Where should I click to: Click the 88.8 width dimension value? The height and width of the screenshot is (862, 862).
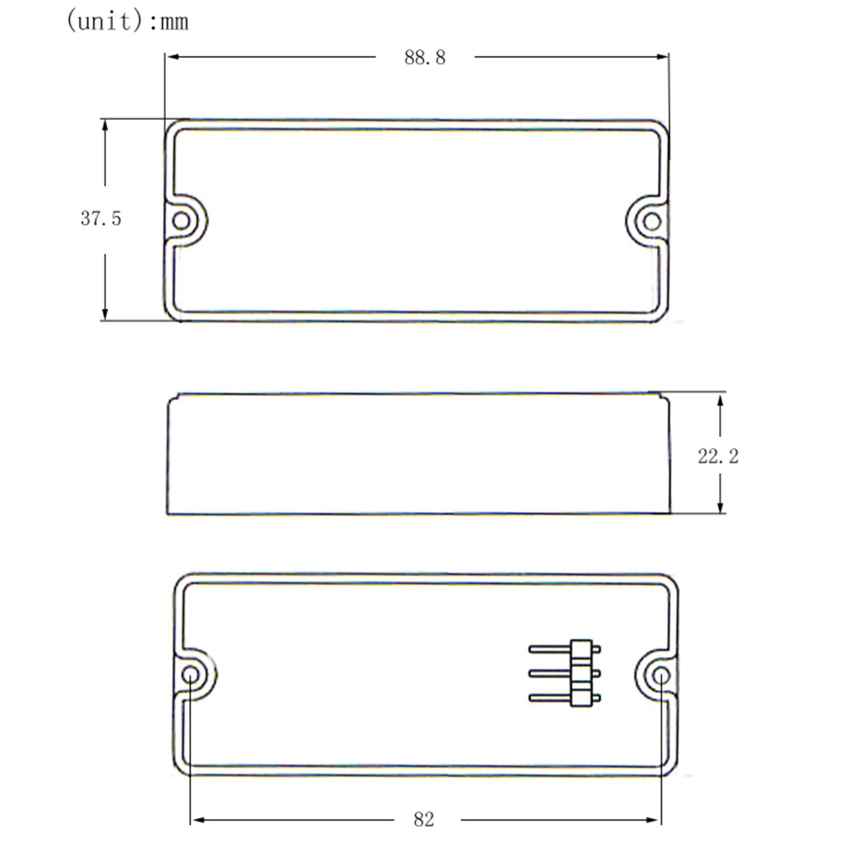(x=425, y=58)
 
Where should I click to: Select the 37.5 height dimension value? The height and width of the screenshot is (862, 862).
(x=101, y=219)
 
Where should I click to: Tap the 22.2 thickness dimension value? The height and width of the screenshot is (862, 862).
(x=718, y=457)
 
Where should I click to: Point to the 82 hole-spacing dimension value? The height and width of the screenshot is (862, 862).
(x=423, y=819)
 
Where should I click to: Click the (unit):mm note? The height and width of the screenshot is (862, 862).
(x=127, y=22)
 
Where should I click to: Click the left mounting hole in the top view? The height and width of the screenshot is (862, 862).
(x=181, y=221)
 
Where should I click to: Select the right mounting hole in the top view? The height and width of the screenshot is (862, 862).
(x=652, y=221)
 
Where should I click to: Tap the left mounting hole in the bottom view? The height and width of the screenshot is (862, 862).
(x=190, y=675)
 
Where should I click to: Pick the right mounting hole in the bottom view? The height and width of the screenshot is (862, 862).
(x=661, y=675)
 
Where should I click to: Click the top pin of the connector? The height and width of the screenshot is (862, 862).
(x=550, y=649)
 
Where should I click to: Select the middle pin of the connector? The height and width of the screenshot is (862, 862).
(x=550, y=673)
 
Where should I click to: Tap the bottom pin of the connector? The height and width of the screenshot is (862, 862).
(x=550, y=698)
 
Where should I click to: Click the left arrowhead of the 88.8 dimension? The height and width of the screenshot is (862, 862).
(x=171, y=57)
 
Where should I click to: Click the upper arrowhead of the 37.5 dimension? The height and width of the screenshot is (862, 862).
(x=105, y=125)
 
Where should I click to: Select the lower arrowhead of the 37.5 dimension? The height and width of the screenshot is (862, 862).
(x=105, y=314)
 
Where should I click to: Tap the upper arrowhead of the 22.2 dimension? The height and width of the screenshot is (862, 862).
(x=720, y=399)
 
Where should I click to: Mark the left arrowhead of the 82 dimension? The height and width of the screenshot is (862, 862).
(x=197, y=820)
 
